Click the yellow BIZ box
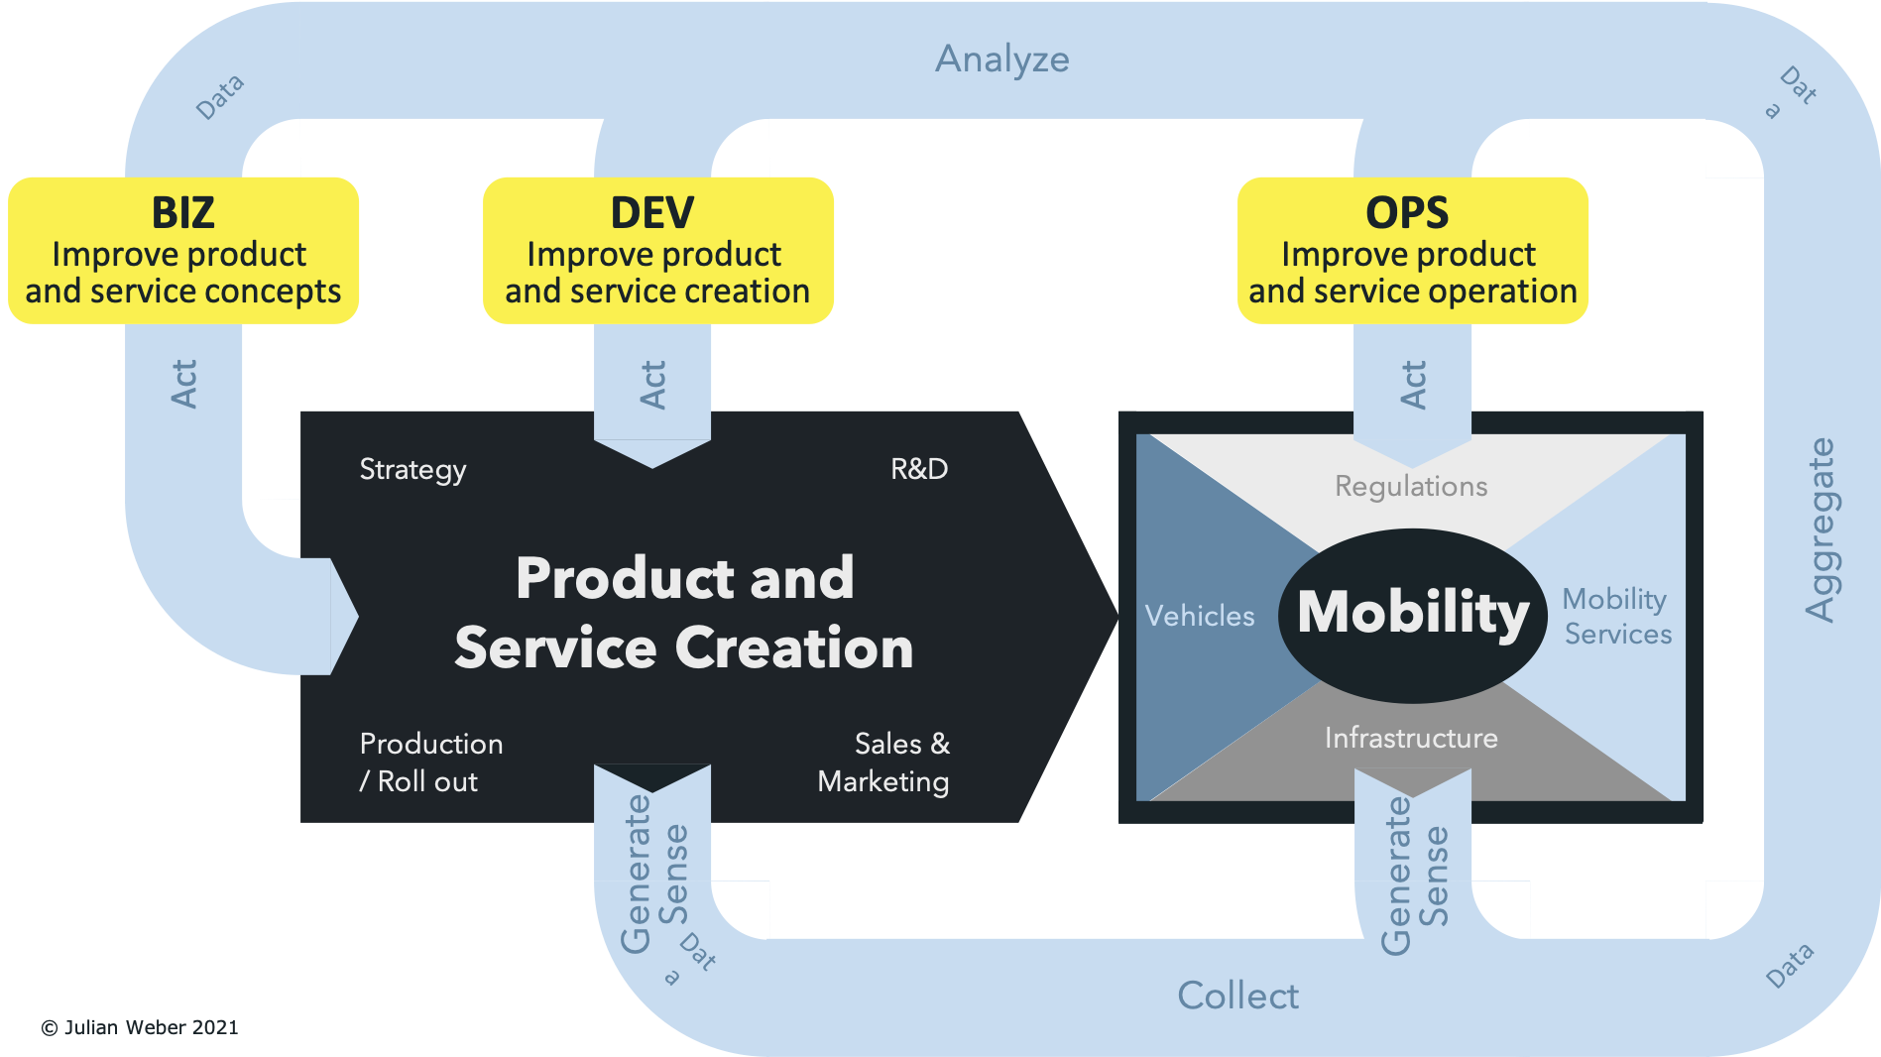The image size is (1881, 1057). (x=183, y=250)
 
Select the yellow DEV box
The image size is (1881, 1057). (x=657, y=250)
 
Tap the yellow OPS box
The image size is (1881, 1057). (x=1412, y=250)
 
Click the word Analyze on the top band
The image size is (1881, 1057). (x=1001, y=59)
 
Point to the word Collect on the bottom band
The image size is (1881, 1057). (x=1237, y=996)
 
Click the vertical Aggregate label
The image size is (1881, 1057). (x=1821, y=529)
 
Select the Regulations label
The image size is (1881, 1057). (x=1411, y=486)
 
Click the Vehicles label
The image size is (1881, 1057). (x=1200, y=616)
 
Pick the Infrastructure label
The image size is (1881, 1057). (x=1411, y=738)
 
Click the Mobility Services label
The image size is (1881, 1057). (x=1616, y=616)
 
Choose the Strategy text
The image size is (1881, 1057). (x=412, y=469)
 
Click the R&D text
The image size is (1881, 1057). (x=918, y=469)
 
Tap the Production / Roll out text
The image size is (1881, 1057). (x=430, y=763)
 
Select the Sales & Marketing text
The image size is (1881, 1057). (x=884, y=763)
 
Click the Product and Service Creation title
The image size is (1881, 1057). (x=684, y=613)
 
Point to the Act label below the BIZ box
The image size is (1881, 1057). (x=184, y=384)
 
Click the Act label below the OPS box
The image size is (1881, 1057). (x=1413, y=384)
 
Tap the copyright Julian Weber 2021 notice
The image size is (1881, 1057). (x=140, y=1027)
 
